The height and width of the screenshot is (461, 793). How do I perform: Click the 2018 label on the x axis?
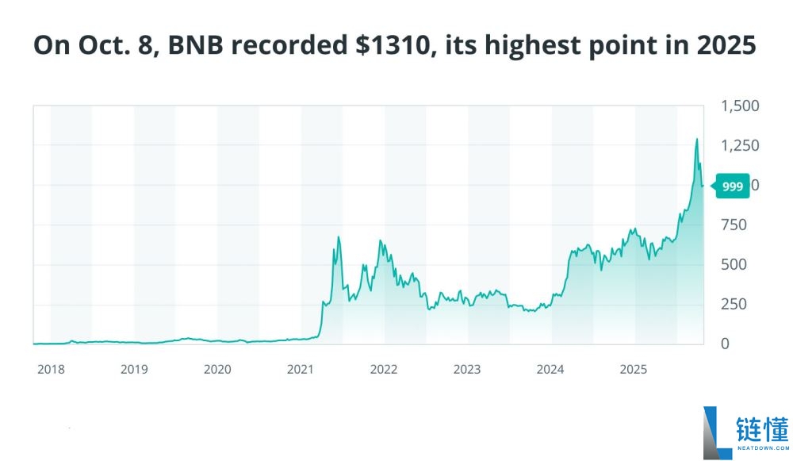(51, 369)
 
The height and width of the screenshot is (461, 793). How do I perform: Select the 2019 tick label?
(134, 369)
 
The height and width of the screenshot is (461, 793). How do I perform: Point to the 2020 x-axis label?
(217, 369)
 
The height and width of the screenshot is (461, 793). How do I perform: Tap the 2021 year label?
(301, 369)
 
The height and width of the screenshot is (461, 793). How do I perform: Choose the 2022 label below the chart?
(384, 369)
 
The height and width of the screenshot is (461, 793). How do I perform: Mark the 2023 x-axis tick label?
(467, 369)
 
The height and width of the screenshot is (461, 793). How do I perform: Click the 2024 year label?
(550, 369)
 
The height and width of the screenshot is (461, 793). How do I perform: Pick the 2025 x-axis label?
(634, 369)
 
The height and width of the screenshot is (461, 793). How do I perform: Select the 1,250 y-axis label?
(740, 146)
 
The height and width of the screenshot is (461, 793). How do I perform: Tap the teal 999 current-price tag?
(732, 186)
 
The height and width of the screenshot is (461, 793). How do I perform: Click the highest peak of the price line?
(697, 139)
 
